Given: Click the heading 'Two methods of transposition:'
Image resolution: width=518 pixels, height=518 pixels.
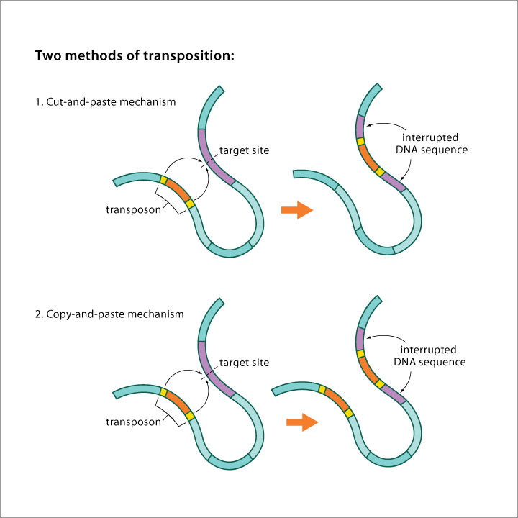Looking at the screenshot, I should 135,56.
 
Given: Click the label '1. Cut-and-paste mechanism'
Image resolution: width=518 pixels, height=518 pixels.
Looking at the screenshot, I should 105,101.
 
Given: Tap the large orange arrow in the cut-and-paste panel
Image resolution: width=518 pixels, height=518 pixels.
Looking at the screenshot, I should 296,210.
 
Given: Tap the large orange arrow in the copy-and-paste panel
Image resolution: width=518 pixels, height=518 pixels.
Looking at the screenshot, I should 301,422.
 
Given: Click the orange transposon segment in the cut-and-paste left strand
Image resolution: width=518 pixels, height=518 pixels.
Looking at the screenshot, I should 177,189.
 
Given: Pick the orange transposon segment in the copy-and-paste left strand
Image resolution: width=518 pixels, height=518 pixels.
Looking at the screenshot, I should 177,401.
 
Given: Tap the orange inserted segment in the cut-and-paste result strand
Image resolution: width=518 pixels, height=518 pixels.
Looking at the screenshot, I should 368,156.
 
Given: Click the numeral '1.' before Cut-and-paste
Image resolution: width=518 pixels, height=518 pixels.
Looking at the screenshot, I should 40,101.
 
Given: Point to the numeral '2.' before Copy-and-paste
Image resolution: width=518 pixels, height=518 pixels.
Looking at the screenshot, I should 40,314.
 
